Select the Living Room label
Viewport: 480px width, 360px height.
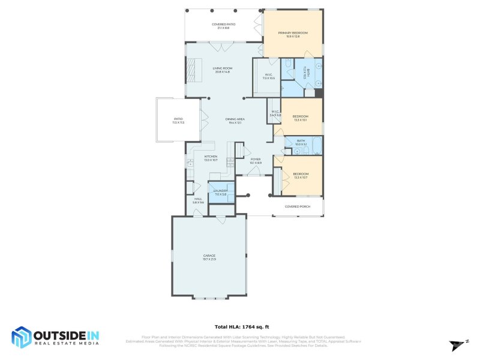(223, 70)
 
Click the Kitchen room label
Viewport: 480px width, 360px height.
(210, 158)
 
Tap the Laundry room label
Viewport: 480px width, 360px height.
(220, 192)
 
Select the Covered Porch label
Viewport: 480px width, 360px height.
(297, 206)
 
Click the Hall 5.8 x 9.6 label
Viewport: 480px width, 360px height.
(198, 200)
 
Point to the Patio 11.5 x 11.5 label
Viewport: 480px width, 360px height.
(178, 121)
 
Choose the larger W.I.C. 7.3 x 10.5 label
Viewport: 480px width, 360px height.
(268, 76)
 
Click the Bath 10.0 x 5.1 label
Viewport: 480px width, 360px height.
(301, 142)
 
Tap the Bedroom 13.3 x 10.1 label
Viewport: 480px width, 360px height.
(300, 118)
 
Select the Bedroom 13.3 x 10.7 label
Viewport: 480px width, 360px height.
(300, 175)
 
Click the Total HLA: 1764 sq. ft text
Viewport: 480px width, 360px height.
(239, 327)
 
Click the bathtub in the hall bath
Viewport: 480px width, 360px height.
(316, 142)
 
